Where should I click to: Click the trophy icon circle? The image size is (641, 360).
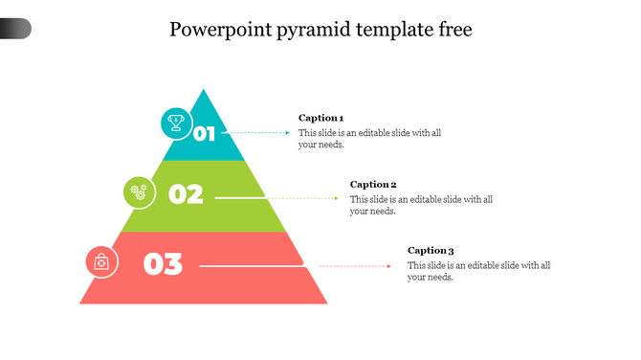click(176, 123)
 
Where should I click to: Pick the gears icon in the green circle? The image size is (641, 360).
click(139, 191)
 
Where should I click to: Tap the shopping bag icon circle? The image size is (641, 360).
click(101, 261)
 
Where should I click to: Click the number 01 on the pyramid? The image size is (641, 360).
click(205, 133)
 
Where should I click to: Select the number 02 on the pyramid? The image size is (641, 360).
click(186, 194)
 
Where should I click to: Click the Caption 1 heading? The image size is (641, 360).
click(320, 118)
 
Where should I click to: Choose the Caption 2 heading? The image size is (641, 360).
click(373, 184)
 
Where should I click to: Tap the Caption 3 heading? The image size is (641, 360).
click(431, 251)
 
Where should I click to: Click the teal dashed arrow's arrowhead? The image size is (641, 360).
click(287, 133)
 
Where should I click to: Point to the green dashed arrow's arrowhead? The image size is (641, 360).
click(336, 198)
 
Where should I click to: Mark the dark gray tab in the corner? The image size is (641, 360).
click(15, 29)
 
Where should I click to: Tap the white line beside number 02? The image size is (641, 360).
click(239, 198)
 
